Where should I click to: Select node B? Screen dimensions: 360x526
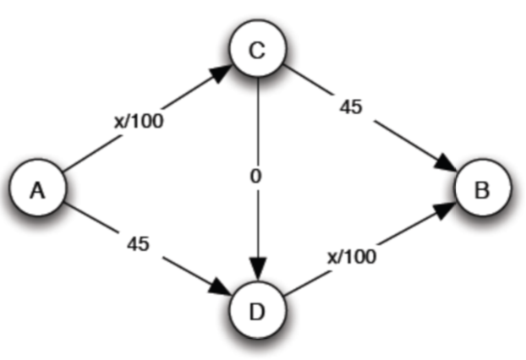(x=481, y=190)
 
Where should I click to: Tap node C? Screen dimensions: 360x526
(x=257, y=51)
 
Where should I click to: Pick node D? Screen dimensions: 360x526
(x=257, y=310)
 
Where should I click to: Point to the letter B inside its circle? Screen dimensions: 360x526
(x=481, y=191)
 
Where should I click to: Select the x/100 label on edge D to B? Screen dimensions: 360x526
(x=351, y=255)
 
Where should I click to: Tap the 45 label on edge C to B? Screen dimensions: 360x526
(x=351, y=107)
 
